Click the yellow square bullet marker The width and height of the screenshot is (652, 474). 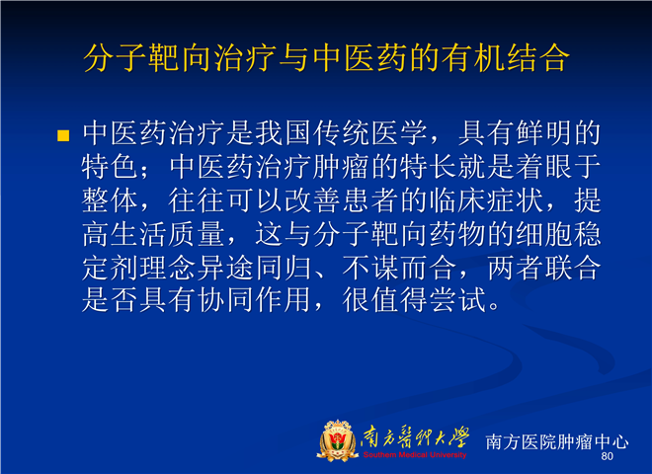tap(63, 135)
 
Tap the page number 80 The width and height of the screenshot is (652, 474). tap(608, 456)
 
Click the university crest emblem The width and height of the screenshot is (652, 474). tap(337, 440)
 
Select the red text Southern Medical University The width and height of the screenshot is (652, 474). tap(415, 455)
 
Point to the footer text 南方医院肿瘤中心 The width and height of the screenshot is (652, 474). tap(557, 441)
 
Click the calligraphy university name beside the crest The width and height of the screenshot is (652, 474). tap(415, 437)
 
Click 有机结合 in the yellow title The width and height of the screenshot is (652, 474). tap(505, 57)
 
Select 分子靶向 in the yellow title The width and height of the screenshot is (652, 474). tap(147, 57)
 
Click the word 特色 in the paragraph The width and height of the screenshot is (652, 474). tap(110, 167)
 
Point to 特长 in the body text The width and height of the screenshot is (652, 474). tap(428, 167)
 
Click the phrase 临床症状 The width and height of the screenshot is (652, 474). tap(486, 200)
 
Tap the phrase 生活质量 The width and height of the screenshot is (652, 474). tap(168, 234)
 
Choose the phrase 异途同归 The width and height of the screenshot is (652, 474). tap(254, 268)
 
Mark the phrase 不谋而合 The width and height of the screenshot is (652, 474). tap(399, 268)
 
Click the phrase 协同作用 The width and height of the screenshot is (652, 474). tap(254, 299)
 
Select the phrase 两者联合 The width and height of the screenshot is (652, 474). tap(544, 268)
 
